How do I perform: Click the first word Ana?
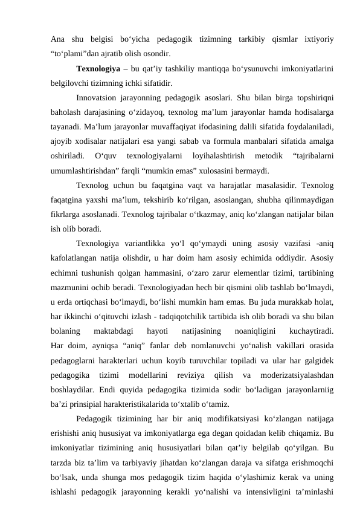click(58, 39)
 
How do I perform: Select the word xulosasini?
click(219, 166)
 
